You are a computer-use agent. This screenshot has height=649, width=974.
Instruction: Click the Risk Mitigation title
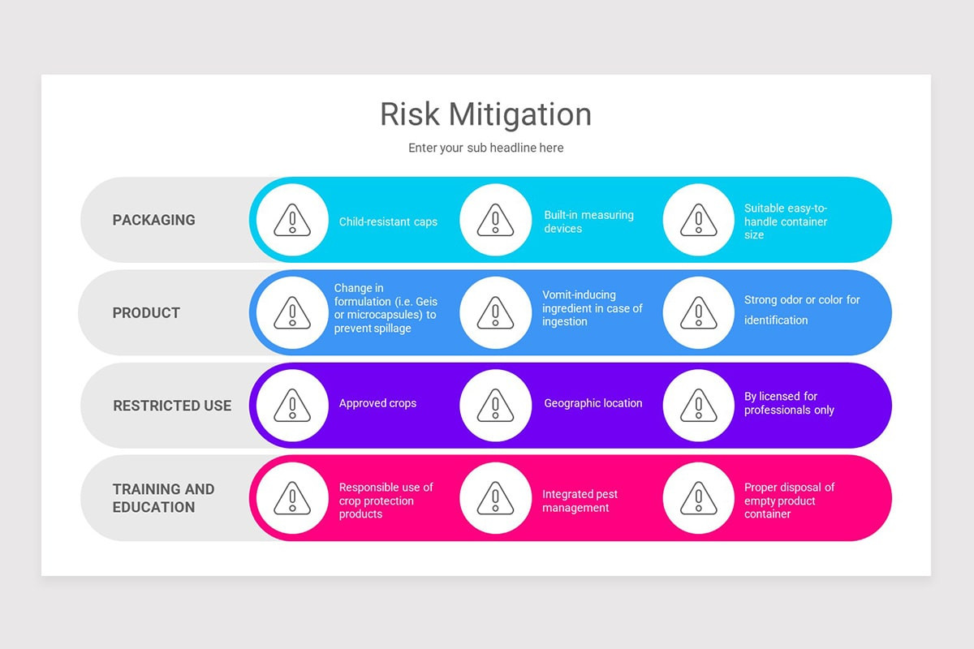pos(485,114)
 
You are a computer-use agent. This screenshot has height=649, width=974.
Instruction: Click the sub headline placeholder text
pos(485,148)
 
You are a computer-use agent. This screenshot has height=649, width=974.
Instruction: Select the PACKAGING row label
pos(153,220)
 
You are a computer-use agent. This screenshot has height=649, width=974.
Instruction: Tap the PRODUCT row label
pos(146,313)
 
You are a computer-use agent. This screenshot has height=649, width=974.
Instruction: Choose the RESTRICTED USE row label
pos(172,406)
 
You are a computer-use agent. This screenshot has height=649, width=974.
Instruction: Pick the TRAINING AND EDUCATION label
pos(164,498)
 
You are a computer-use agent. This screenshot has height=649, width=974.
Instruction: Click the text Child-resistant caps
pos(388,221)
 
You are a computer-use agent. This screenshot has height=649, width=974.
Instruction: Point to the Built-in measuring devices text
pos(588,221)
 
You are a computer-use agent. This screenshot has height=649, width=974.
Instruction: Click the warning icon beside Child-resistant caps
pos(292,220)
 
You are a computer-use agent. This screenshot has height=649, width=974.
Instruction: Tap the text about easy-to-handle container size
pos(785,221)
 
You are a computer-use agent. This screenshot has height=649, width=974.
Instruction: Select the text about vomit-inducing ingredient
pos(592,308)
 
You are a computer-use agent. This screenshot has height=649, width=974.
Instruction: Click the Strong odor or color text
pos(801,309)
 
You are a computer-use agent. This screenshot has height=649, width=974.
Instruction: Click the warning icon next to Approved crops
pos(292,405)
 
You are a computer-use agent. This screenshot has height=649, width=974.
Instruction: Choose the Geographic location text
pos(593,403)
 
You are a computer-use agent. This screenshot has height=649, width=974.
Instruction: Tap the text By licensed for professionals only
pos(788,403)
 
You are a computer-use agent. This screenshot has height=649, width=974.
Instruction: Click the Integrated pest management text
pos(580,501)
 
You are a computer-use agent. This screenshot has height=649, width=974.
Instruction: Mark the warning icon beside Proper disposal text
pos(698,498)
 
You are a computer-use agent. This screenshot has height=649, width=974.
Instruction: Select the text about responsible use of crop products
pos(386,501)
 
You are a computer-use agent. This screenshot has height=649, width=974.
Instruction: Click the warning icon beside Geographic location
pos(495,405)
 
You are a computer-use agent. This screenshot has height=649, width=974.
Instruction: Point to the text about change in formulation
pos(385,308)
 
